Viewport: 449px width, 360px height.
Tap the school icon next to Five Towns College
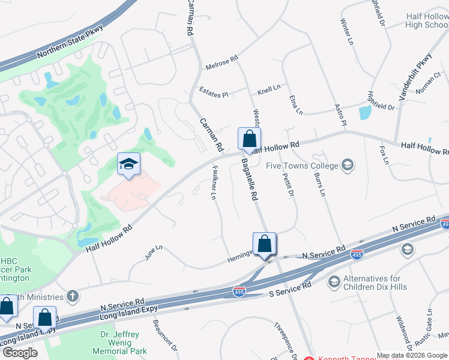[347, 164]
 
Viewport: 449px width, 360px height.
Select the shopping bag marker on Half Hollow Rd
[249, 139]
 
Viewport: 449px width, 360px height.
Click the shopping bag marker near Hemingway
[264, 244]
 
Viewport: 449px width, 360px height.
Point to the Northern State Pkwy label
[70, 41]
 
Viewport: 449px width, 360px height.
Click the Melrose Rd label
[222, 61]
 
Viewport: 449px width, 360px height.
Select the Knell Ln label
[269, 89]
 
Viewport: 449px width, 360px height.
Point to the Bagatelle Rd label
[249, 179]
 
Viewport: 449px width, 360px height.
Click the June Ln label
[154, 252]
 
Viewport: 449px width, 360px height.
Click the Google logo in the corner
[20, 353]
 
